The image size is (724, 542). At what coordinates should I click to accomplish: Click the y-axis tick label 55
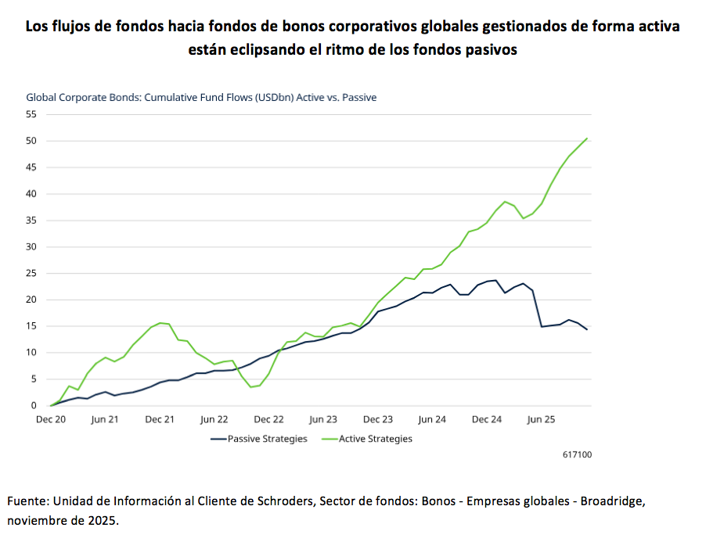(31, 114)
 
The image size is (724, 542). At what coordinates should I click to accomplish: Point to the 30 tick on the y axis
(31, 247)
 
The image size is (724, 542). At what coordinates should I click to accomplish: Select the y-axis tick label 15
(31, 326)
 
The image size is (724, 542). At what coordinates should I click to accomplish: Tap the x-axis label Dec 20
(50, 419)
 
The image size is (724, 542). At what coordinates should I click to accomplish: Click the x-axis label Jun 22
(214, 419)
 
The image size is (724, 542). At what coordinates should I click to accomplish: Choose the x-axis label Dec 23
(377, 419)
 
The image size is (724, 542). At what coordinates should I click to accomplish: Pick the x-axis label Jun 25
(542, 419)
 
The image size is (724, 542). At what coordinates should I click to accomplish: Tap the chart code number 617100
(578, 454)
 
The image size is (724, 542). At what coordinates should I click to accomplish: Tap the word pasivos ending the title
(492, 49)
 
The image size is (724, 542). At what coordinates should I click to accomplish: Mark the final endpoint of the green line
(587, 138)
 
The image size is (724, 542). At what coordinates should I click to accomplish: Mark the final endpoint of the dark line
(587, 329)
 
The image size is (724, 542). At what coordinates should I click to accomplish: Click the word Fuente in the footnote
(27, 501)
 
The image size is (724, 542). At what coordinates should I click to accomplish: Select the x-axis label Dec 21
(160, 419)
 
